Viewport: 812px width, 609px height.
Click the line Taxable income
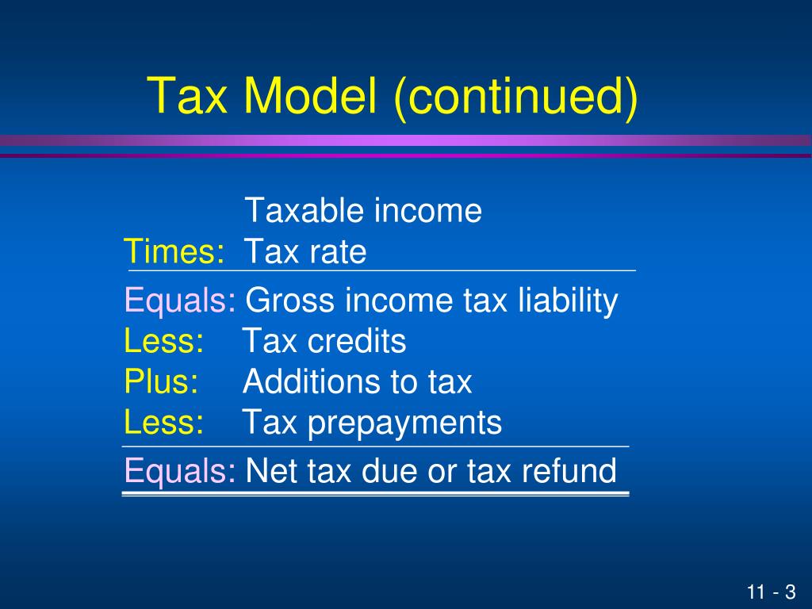[x=363, y=211]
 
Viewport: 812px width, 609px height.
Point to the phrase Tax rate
[x=304, y=252]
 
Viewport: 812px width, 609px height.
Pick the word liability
[x=567, y=301]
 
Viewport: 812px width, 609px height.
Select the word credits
[x=357, y=342]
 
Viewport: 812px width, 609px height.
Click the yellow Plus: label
[x=162, y=382]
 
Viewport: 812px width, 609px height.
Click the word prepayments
[x=404, y=423]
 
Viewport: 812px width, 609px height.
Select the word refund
[x=569, y=472]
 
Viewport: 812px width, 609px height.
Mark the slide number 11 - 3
[x=770, y=592]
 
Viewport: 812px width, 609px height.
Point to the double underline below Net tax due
[x=375, y=494]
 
